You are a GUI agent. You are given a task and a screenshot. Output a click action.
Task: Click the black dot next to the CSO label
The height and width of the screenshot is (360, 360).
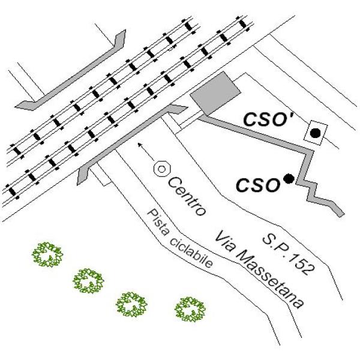pos(289,178)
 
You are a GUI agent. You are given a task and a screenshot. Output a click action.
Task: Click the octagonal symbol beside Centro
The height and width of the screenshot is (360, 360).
pos(161,169)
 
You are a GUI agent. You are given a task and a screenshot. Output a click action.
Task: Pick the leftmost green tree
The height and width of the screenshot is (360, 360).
pos(47,254)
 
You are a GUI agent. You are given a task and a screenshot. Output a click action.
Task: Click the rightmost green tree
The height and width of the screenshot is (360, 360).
pos(191,309)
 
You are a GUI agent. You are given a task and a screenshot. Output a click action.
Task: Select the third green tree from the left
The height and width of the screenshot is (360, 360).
pos(131,304)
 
